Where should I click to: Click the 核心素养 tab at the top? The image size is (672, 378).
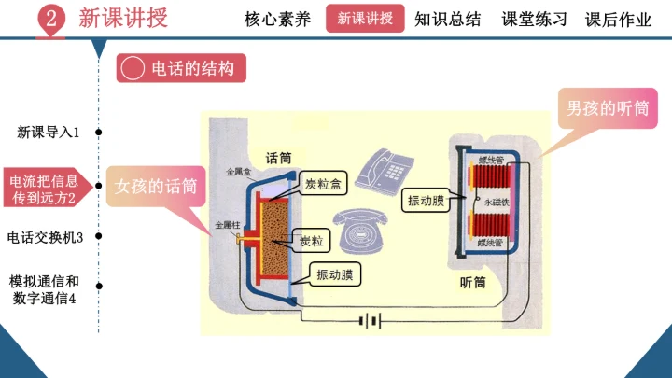point(277,19)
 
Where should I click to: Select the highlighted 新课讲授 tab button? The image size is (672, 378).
point(366,19)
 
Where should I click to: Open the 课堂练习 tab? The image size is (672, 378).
point(534,19)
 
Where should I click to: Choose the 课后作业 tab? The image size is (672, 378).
point(618,19)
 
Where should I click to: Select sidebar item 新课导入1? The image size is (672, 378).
point(48,133)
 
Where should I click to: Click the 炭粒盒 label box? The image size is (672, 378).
point(325,184)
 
